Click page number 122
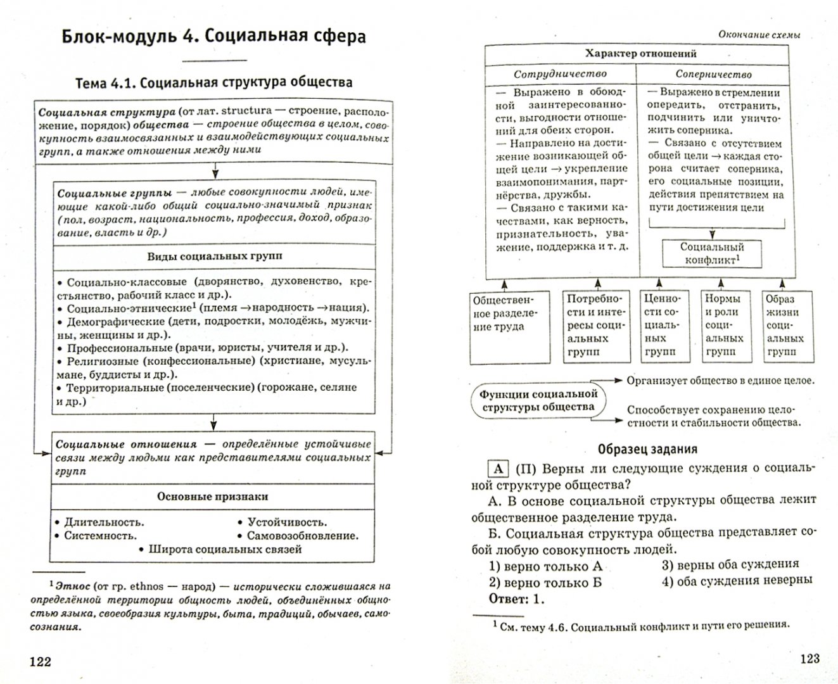click(x=40, y=662)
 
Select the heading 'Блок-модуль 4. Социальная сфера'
click(x=214, y=36)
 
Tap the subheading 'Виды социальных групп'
click(x=214, y=256)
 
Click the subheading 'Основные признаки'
click(x=212, y=497)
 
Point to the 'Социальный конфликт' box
click(x=711, y=253)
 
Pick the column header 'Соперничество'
click(x=713, y=74)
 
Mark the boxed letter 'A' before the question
click(x=498, y=468)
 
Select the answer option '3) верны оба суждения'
click(x=730, y=564)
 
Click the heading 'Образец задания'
click(x=647, y=449)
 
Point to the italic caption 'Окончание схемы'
click(x=758, y=35)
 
